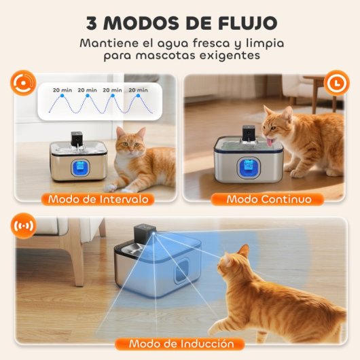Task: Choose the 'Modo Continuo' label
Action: (269, 199)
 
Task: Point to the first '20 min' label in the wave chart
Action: (62, 89)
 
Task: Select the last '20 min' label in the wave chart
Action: (139, 89)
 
